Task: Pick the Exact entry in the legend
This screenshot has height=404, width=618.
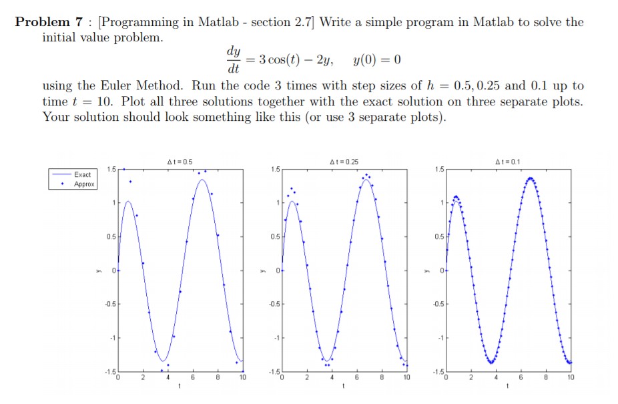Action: coord(84,174)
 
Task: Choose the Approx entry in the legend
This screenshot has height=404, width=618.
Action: coord(84,184)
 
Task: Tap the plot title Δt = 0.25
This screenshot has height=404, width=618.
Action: coord(344,162)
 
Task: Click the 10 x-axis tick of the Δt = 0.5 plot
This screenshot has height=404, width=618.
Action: coord(242,378)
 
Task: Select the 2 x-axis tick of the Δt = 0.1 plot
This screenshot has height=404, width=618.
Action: coord(471,378)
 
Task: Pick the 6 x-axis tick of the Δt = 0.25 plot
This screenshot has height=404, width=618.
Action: coord(356,378)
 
